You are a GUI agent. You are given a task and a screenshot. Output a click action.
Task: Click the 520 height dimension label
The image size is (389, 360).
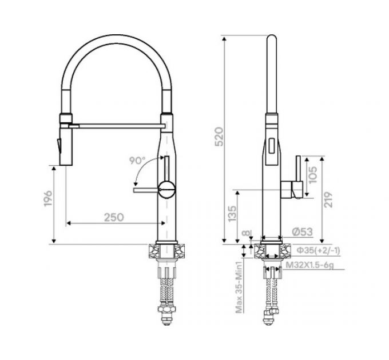219,137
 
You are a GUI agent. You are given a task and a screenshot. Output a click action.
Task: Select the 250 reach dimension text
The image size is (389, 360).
114,217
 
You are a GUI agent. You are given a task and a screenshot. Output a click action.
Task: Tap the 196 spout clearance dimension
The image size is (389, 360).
47,198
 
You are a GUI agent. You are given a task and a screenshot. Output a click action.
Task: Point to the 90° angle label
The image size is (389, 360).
137,161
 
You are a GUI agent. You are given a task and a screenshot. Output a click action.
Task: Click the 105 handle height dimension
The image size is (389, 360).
312,175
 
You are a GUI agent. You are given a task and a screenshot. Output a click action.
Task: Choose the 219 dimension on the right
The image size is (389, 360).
328,199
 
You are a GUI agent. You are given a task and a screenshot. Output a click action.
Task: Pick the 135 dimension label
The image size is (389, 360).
232,214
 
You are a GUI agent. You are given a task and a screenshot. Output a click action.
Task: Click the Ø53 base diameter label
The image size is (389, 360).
303,232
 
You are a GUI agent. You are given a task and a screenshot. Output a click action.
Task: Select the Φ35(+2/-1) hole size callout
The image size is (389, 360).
318,251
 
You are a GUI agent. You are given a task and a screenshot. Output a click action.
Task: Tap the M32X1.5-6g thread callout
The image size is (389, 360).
310,265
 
